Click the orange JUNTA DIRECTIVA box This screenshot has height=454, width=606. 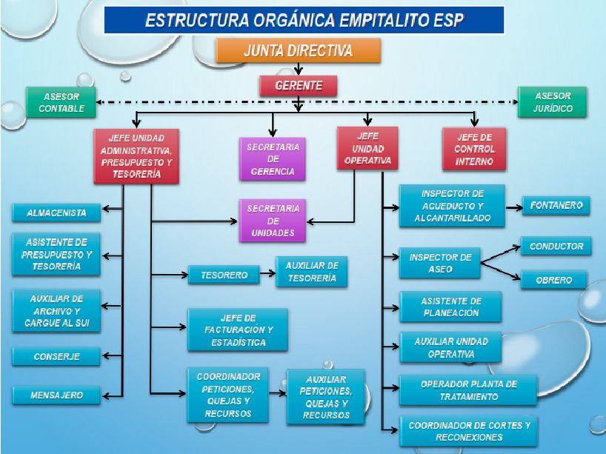[x=299, y=50]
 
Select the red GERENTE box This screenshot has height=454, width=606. [x=298, y=85]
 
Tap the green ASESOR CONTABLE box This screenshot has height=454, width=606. [x=61, y=102]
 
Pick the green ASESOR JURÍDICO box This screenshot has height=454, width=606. [x=552, y=102]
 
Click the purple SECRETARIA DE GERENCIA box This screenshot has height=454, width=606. [x=273, y=159]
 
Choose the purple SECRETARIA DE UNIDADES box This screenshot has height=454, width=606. [x=273, y=221]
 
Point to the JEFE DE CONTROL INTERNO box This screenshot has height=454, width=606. [x=474, y=149]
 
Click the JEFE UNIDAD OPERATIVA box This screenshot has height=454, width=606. [x=367, y=148]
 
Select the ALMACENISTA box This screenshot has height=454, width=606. [x=56, y=213]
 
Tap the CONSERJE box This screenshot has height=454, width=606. [x=56, y=357]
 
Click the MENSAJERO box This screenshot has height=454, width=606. [x=56, y=395]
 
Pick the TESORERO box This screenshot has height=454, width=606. [x=224, y=275]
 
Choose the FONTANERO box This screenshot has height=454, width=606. [x=556, y=205]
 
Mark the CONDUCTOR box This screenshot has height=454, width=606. [x=556, y=246]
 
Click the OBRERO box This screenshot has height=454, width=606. [x=554, y=280]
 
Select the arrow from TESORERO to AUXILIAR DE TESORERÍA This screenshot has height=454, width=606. [x=267, y=273]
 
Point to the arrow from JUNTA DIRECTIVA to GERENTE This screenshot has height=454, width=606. [x=298, y=69]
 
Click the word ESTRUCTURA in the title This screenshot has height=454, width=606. [x=197, y=20]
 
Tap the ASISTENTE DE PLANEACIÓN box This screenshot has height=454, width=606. [x=451, y=307]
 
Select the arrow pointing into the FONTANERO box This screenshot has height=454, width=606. [x=514, y=207]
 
